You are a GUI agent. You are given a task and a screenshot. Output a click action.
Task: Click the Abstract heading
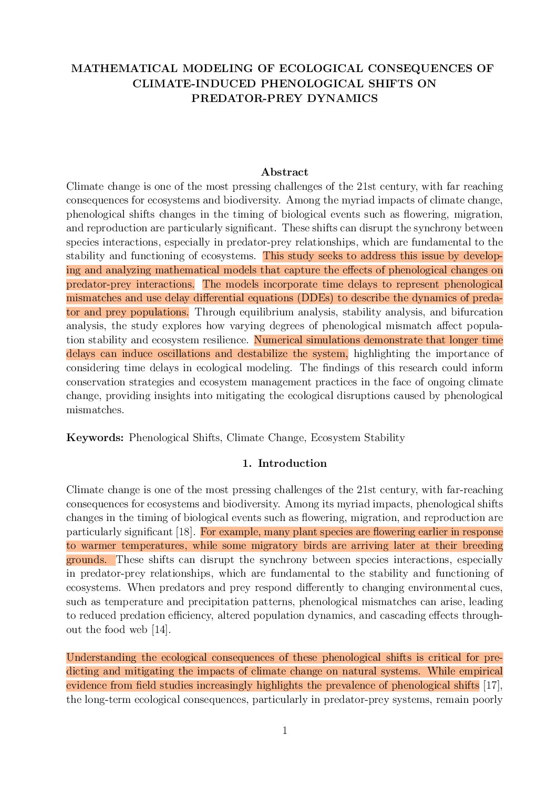(x=284, y=172)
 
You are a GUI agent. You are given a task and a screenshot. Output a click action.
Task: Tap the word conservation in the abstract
(x=92, y=382)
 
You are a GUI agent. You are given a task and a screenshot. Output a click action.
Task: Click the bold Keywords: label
(x=95, y=438)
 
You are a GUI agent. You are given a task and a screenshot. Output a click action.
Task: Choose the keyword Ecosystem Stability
(x=357, y=438)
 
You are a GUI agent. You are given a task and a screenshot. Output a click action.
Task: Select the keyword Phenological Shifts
(x=174, y=438)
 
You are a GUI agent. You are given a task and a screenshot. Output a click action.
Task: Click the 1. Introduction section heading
(x=284, y=463)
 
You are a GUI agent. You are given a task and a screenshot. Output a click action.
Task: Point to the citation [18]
(x=184, y=532)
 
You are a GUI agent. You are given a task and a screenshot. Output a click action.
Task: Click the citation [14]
(x=161, y=630)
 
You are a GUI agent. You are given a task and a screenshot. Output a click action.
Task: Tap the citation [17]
(x=491, y=686)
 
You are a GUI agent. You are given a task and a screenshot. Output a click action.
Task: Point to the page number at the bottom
(x=285, y=730)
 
